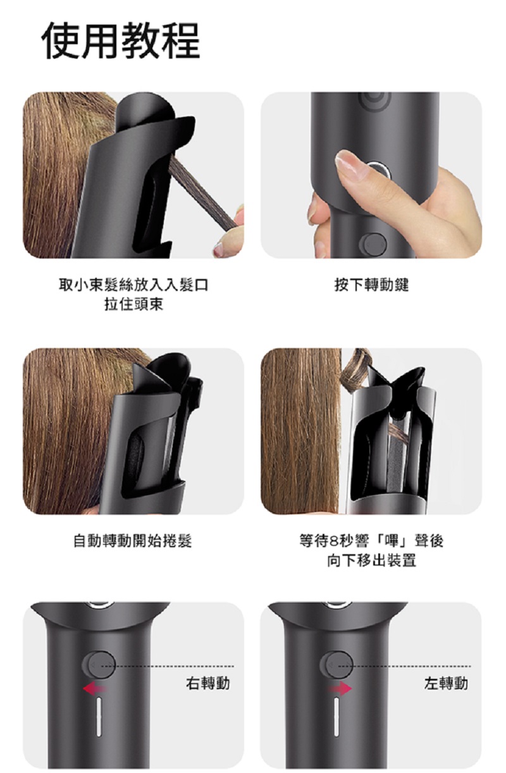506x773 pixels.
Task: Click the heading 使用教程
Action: coord(120,40)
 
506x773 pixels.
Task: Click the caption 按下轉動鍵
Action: coord(371,285)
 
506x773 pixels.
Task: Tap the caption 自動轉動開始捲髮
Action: coord(133,540)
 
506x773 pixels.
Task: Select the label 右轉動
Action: coord(208,683)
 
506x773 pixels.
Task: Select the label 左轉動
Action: coord(446,683)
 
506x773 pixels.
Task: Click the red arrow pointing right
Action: coord(340,689)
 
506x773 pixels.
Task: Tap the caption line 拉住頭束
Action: coord(133,304)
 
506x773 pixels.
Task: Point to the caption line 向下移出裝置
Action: coord(371,560)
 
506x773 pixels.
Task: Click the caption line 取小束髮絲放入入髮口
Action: coord(133,285)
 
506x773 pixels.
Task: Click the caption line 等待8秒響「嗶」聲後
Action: coord(371,540)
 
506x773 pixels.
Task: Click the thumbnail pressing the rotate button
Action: coord(371,175)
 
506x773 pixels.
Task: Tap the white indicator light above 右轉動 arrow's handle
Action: coord(99,717)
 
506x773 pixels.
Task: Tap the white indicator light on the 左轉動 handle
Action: coord(336,717)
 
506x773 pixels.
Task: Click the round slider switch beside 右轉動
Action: coord(99,664)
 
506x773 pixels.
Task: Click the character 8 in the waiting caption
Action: coord(333,541)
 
